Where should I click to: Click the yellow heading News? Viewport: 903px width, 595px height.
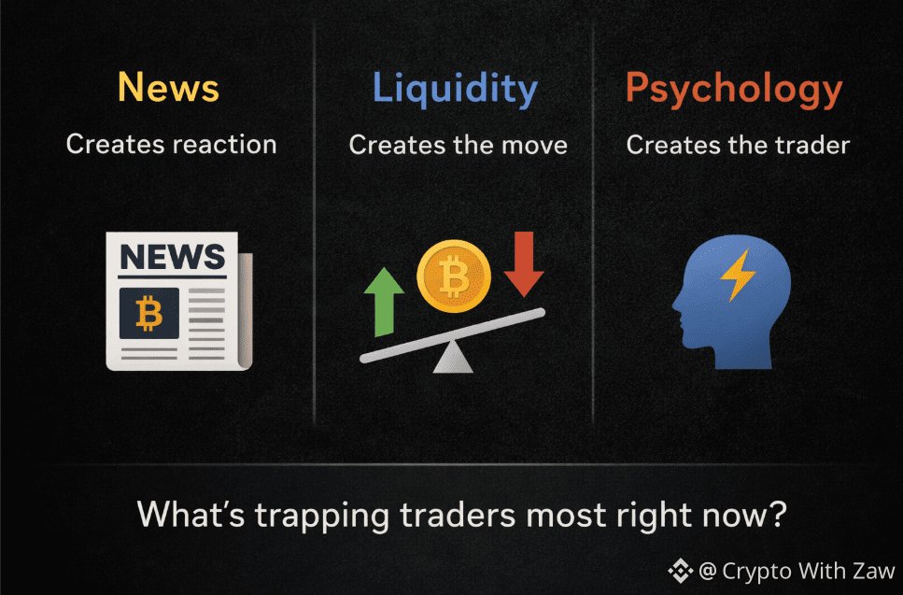click(x=168, y=87)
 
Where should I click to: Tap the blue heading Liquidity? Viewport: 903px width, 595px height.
click(x=455, y=90)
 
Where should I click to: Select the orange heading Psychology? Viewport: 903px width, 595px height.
click(x=734, y=90)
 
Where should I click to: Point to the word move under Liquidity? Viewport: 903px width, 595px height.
click(x=534, y=145)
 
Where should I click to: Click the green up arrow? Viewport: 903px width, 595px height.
click(x=384, y=302)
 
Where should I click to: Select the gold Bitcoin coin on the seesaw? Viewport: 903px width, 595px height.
click(x=454, y=276)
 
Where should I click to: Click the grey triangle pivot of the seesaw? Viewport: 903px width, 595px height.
click(x=453, y=359)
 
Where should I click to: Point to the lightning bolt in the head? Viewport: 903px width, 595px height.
click(x=738, y=275)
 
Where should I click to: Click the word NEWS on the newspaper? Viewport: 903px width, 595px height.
click(x=172, y=257)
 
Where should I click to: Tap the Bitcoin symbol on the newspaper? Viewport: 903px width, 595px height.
click(x=149, y=313)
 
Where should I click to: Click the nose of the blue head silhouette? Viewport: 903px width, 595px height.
click(x=675, y=305)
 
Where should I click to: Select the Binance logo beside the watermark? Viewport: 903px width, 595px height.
click(x=680, y=571)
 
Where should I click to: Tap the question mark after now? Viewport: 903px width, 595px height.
click(x=779, y=513)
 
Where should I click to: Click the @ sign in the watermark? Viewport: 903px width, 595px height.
click(x=708, y=572)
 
